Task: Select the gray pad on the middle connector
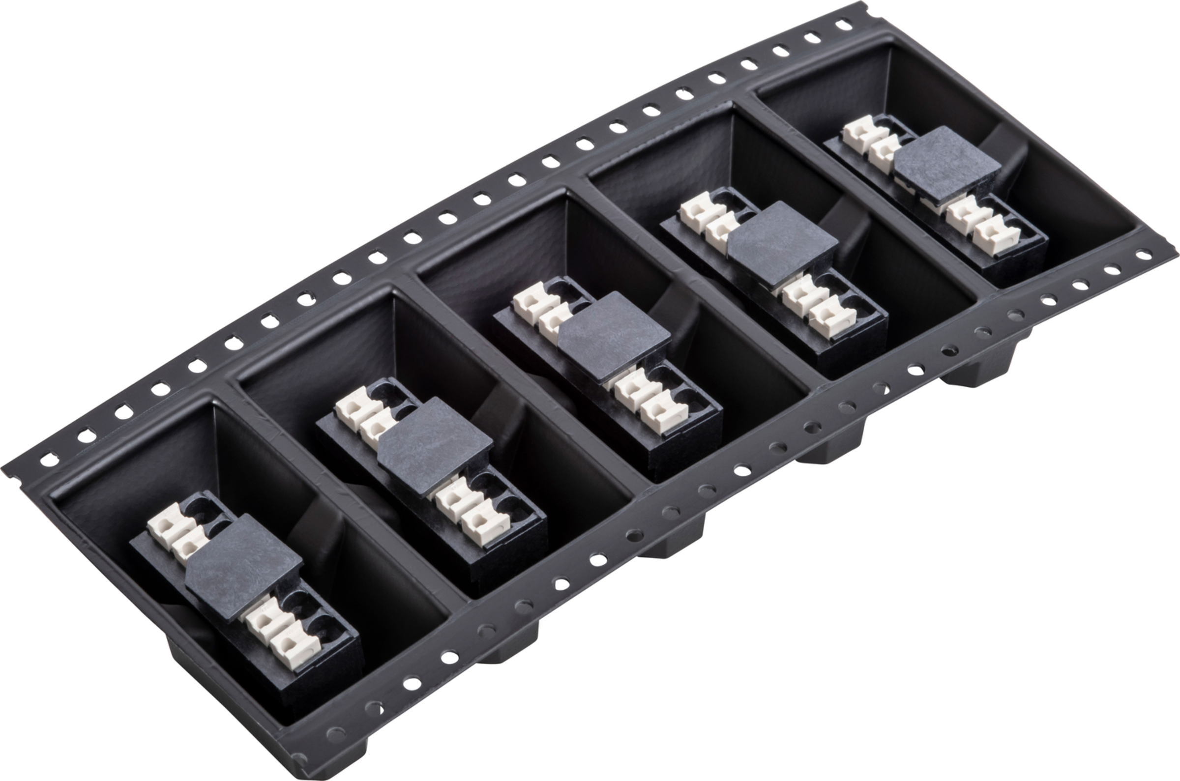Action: pyautogui.click(x=613, y=337)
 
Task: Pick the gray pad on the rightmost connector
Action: pyautogui.click(x=947, y=165)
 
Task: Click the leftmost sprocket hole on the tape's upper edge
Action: pyautogui.click(x=49, y=459)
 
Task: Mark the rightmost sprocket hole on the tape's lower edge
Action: pyautogui.click(x=1144, y=255)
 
